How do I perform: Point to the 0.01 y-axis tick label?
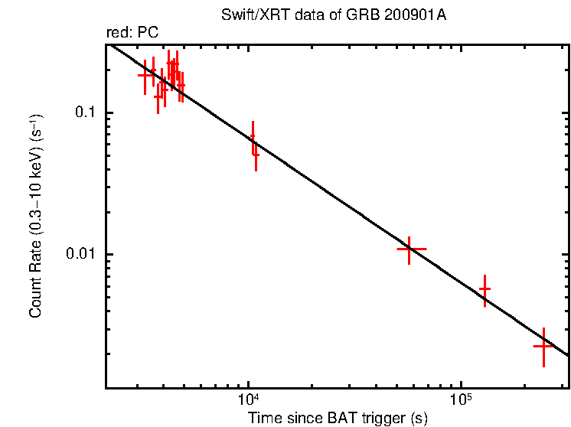[x=84, y=254]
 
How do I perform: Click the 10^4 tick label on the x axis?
[x=249, y=399]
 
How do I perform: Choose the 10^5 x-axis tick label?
[x=460, y=399]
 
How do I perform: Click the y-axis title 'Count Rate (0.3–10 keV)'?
[x=36, y=217]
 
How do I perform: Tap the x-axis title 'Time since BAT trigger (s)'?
[x=337, y=418]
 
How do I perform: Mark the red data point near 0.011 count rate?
[x=410, y=249]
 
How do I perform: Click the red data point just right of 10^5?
[x=485, y=289]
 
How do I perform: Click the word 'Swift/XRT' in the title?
[x=251, y=16]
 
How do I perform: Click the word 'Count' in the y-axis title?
[x=36, y=299]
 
